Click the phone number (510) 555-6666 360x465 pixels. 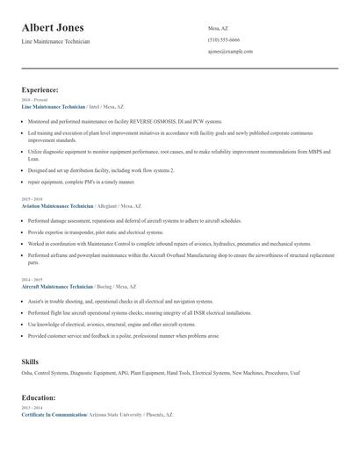pyautogui.click(x=223, y=40)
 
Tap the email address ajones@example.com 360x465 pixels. pyautogui.click(x=230, y=52)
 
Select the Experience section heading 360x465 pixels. pyautogui.click(x=40, y=89)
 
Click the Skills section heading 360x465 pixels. pyautogui.click(x=30, y=361)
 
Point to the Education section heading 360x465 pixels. pyautogui.click(x=39, y=397)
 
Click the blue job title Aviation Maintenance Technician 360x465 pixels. pyautogui.click(x=57, y=205)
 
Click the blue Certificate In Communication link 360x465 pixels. pyautogui.click(x=54, y=414)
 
